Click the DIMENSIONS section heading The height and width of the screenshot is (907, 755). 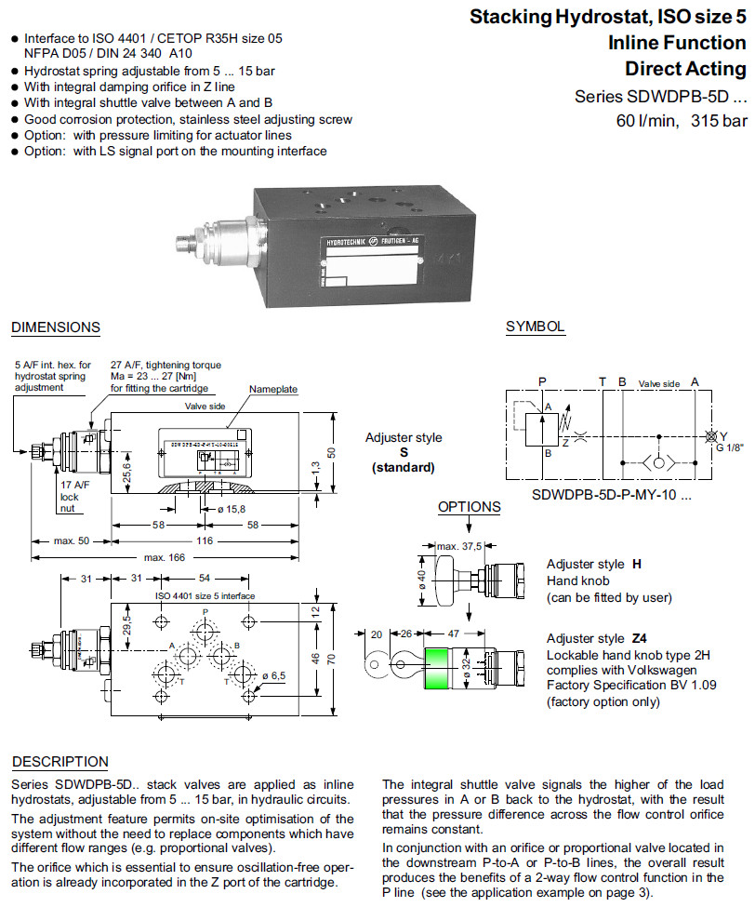(x=55, y=327)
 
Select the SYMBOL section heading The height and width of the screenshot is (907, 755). (x=535, y=327)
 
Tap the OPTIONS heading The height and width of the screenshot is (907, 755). (x=469, y=507)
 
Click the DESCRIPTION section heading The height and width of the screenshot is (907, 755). (x=60, y=762)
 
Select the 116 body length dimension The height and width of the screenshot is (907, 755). (x=205, y=540)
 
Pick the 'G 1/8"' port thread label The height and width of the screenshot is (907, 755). (x=731, y=447)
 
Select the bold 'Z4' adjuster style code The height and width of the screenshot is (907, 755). (x=639, y=639)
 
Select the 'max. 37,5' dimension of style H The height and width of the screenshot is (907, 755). (x=459, y=545)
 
